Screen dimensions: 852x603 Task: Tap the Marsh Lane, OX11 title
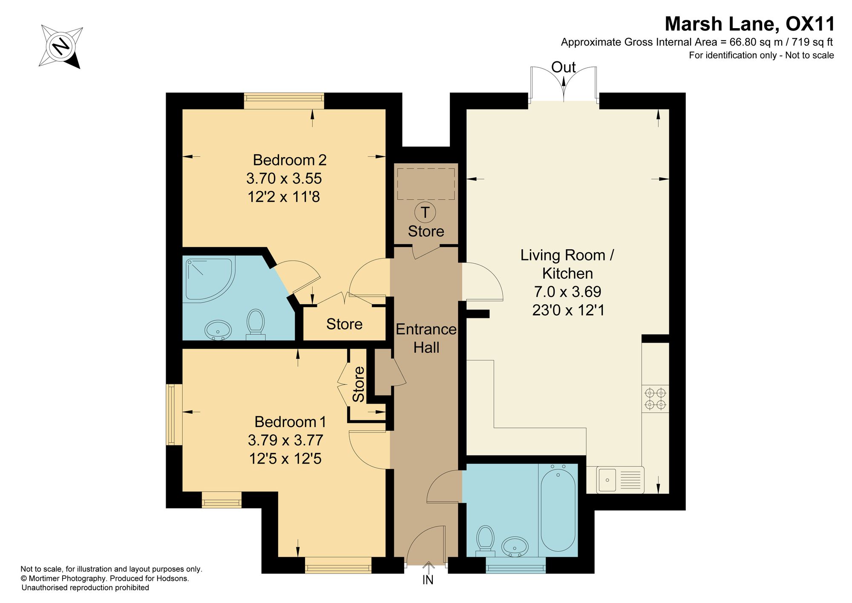(x=750, y=24)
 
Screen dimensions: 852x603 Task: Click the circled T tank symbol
(x=425, y=212)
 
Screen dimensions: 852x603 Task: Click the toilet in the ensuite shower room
(x=256, y=325)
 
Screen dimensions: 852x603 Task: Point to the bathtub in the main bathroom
(x=558, y=511)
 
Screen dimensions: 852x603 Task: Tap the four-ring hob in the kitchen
(x=655, y=398)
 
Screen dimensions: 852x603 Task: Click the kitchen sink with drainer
(x=620, y=480)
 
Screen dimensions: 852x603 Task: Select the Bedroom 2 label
(x=290, y=160)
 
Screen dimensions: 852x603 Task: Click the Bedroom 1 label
(x=290, y=421)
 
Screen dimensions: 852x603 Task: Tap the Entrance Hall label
(x=426, y=338)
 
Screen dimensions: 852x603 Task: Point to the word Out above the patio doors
(x=563, y=67)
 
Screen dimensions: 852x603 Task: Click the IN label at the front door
(x=428, y=580)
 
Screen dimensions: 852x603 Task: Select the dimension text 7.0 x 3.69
(x=567, y=291)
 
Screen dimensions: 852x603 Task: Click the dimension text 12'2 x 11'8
(x=284, y=197)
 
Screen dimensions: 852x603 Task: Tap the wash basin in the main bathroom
(x=515, y=546)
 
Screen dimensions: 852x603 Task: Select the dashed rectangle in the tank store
(x=426, y=184)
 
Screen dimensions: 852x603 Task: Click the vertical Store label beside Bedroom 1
(x=359, y=384)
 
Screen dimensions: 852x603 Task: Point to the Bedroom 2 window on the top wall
(x=284, y=101)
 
